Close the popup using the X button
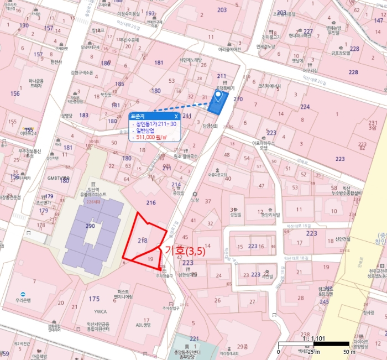176,117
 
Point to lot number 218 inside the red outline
142,241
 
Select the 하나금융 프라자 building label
35,83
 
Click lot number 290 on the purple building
90,226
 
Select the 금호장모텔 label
341,54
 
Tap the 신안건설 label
328,239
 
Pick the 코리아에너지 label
269,86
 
